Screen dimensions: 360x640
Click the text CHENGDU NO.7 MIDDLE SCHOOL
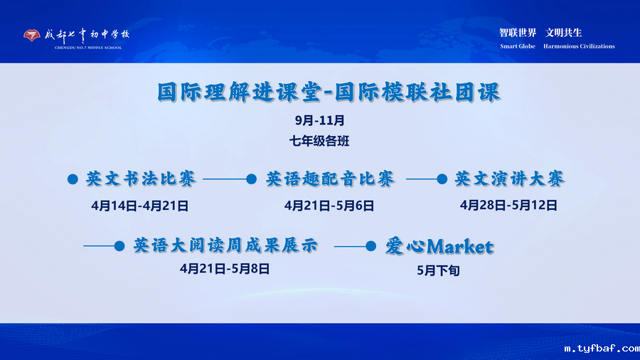[87, 48]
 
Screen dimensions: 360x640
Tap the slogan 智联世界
[518, 33]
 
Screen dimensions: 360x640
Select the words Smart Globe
[518, 46]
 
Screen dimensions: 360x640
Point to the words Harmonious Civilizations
[579, 46]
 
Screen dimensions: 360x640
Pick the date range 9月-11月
[319, 120]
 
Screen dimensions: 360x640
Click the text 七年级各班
[319, 141]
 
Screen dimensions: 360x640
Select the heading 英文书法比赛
[141, 179]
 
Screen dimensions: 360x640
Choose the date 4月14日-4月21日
[140, 206]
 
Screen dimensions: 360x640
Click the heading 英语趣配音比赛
[331, 179]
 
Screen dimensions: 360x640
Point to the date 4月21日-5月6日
[329, 206]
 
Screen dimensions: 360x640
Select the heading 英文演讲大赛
[510, 179]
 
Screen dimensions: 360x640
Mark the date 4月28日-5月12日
[508, 206]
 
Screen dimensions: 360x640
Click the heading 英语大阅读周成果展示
[225, 246]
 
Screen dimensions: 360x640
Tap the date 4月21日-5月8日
[225, 268]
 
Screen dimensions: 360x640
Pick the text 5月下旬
[438, 270]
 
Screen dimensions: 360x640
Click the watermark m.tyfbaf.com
[601, 349]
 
